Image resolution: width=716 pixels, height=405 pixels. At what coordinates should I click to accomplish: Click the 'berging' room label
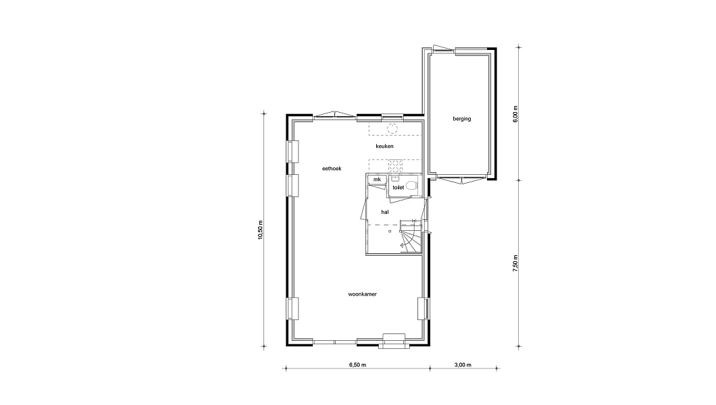pyautogui.click(x=461, y=119)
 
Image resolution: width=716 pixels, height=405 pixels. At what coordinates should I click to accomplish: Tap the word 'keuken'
pyautogui.click(x=384, y=146)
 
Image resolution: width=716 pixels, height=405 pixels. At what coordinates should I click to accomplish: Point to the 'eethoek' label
pyautogui.click(x=332, y=169)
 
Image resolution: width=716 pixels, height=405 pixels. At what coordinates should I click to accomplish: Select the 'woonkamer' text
pyautogui.click(x=363, y=294)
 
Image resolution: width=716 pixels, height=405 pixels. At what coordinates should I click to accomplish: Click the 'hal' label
pyautogui.click(x=385, y=212)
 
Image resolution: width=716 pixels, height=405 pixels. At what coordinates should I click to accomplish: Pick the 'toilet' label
pyautogui.click(x=398, y=188)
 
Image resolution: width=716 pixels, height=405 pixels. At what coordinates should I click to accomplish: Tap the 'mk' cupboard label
pyautogui.click(x=377, y=180)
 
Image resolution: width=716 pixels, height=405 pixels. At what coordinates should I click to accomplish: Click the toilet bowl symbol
pyautogui.click(x=411, y=186)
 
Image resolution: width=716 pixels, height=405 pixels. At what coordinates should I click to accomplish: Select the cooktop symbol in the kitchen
pyautogui.click(x=394, y=165)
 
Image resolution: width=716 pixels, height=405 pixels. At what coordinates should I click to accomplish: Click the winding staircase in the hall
pyautogui.click(x=411, y=237)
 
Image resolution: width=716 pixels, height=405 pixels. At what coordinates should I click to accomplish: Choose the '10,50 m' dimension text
pyautogui.click(x=260, y=230)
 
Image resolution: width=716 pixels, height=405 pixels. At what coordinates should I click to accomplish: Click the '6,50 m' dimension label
pyautogui.click(x=357, y=365)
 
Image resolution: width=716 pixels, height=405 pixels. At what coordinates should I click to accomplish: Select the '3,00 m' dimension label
pyautogui.click(x=463, y=365)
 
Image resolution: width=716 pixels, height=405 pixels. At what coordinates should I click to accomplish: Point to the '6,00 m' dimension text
pyautogui.click(x=515, y=114)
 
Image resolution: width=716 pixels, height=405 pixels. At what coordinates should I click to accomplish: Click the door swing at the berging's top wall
pyautogui.click(x=443, y=48)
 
